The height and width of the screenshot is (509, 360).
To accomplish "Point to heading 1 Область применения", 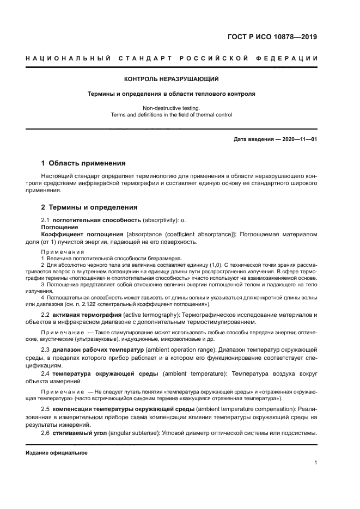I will pos(84,163).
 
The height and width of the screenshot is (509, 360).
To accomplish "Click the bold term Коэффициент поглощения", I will pos(82,234).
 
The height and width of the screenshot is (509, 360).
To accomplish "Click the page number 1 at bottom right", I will pos(315,463).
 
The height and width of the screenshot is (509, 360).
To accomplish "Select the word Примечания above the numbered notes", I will pos(63,252).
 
